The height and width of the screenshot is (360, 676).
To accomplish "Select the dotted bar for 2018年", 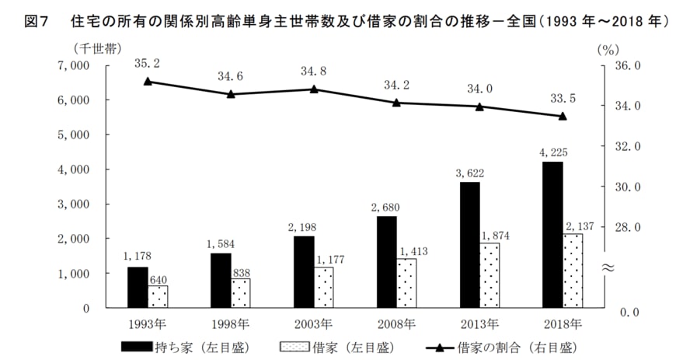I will (x=573, y=270).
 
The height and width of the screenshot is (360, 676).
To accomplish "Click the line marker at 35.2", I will (x=148, y=81).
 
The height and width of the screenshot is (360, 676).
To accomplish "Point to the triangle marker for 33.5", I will (x=562, y=116).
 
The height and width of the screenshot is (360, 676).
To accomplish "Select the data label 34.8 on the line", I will (x=314, y=72).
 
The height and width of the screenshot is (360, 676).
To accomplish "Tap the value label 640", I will (x=158, y=278).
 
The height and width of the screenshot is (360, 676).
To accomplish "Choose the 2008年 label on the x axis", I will (x=397, y=323).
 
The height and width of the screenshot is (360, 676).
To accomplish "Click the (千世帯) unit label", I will (x=96, y=49).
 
